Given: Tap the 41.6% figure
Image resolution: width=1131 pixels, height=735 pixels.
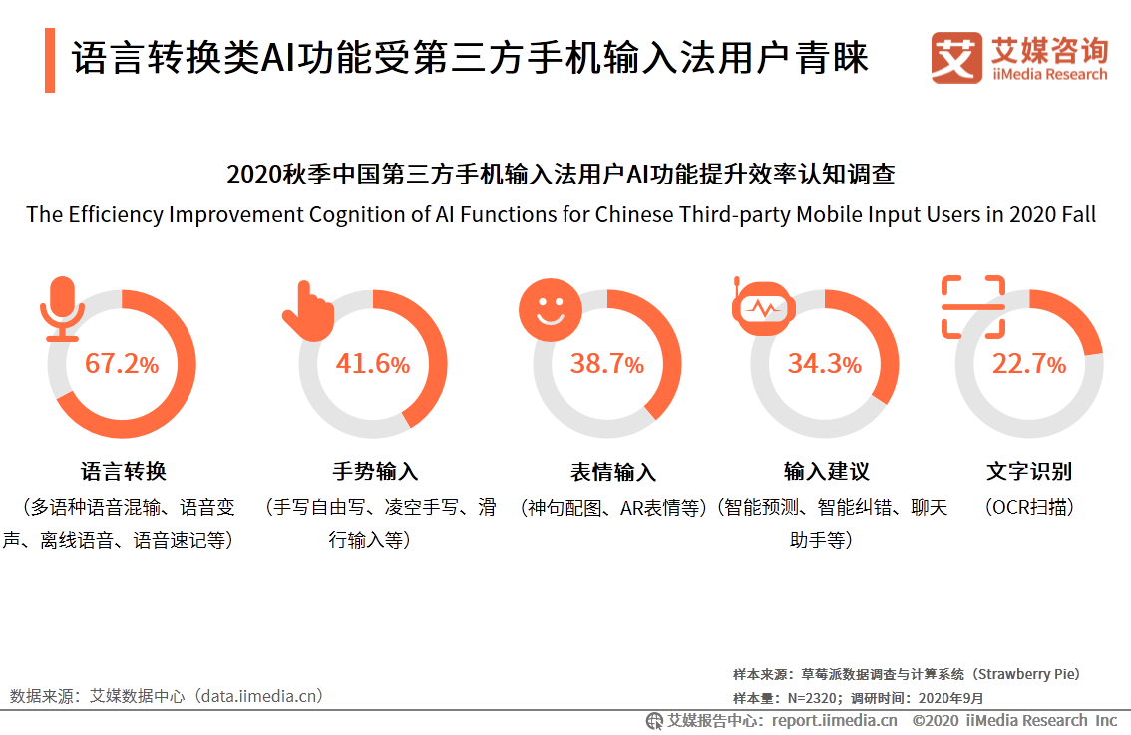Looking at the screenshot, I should click(373, 364).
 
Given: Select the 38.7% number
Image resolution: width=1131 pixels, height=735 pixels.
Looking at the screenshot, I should click(606, 364).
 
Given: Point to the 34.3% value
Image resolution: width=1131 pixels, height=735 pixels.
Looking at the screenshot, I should click(824, 364).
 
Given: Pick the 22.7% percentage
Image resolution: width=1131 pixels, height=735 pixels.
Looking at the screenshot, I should click(1028, 364).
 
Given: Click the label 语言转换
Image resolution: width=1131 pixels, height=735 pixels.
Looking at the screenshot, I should click(123, 471).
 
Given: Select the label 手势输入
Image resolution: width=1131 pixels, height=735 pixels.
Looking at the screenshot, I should click(374, 471).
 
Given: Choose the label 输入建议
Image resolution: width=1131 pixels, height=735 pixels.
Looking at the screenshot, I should click(826, 471).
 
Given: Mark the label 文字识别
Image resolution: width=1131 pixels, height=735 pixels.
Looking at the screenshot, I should click(1029, 471).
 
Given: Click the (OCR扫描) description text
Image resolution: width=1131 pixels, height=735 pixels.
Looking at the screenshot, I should click(1029, 507).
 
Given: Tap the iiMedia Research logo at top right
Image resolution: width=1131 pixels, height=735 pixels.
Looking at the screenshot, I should click(1018, 58).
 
